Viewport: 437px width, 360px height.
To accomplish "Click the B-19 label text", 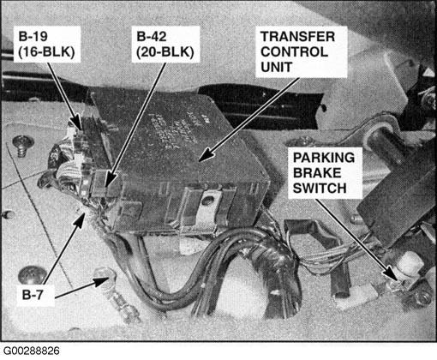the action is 33,37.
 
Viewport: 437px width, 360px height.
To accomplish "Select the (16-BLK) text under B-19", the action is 46,52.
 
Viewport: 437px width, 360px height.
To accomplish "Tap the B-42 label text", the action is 152,37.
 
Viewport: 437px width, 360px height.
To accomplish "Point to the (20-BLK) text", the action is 165,52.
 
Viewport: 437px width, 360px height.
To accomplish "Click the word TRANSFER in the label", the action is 297,37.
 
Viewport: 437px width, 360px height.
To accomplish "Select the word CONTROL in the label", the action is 294,52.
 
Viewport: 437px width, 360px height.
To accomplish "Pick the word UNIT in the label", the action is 276,67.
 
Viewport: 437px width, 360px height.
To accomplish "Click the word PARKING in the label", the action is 324,158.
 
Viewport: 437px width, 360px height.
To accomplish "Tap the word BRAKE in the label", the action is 317,173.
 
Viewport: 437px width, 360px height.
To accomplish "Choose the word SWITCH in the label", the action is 320,189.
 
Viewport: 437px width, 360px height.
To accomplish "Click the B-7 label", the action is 33,295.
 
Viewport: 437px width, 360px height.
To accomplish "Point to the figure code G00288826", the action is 31,351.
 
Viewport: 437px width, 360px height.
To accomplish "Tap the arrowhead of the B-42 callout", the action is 111,179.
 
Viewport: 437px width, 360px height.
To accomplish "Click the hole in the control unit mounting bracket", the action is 207,200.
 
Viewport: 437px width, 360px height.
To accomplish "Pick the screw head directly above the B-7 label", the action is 32,275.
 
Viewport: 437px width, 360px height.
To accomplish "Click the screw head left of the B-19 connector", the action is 23,142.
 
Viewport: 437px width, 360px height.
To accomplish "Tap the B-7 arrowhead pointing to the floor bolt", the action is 101,281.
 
